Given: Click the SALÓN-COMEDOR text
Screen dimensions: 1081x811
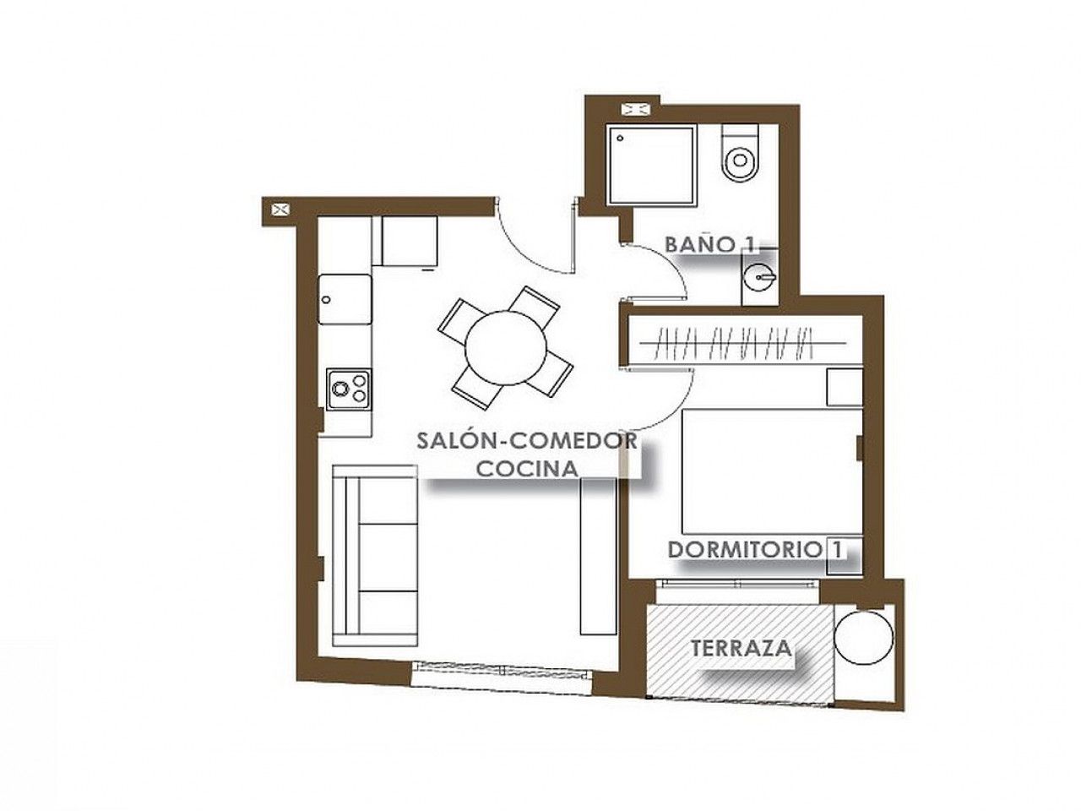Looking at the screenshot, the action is tap(527, 441).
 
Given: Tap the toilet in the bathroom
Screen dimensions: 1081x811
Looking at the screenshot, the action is tap(739, 153).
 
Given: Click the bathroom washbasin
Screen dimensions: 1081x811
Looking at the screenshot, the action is tap(759, 277).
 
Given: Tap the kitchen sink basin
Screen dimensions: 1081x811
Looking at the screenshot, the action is tap(345, 299).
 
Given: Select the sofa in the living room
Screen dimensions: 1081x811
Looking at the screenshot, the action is tap(375, 555).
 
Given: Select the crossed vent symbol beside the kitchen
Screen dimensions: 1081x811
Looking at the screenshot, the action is tap(280, 210).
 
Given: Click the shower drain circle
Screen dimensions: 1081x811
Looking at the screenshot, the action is tap(620, 139).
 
